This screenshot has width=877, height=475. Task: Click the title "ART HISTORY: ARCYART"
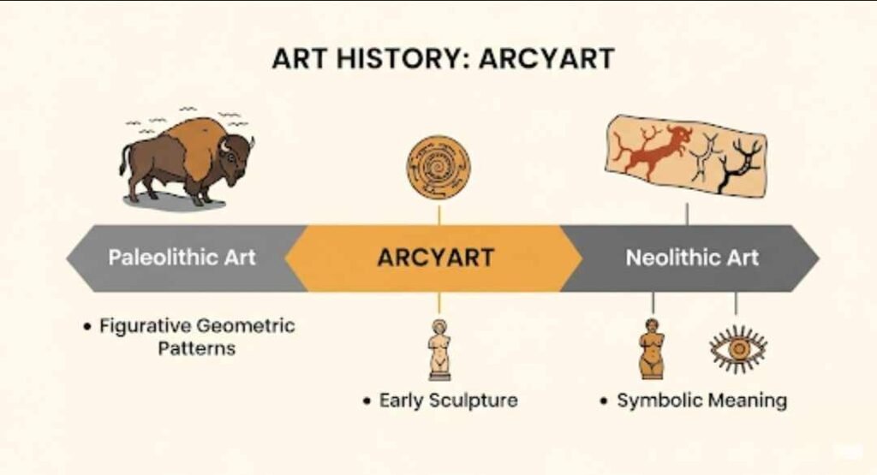[443, 59]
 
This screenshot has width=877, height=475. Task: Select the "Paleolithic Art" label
[182, 258]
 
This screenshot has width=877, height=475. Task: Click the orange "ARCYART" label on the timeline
[435, 258]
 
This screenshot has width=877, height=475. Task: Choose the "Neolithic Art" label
[692, 258]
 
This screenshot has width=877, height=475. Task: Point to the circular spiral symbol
[439, 168]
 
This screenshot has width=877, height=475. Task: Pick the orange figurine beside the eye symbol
[653, 348]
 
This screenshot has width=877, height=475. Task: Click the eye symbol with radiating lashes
[737, 349]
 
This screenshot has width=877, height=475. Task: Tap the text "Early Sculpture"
[448, 401]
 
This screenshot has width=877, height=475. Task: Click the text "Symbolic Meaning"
[701, 401]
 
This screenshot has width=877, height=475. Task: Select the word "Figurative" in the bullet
[145, 326]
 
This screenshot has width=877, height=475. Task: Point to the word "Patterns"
[196, 349]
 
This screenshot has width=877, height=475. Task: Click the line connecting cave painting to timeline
[687, 213]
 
